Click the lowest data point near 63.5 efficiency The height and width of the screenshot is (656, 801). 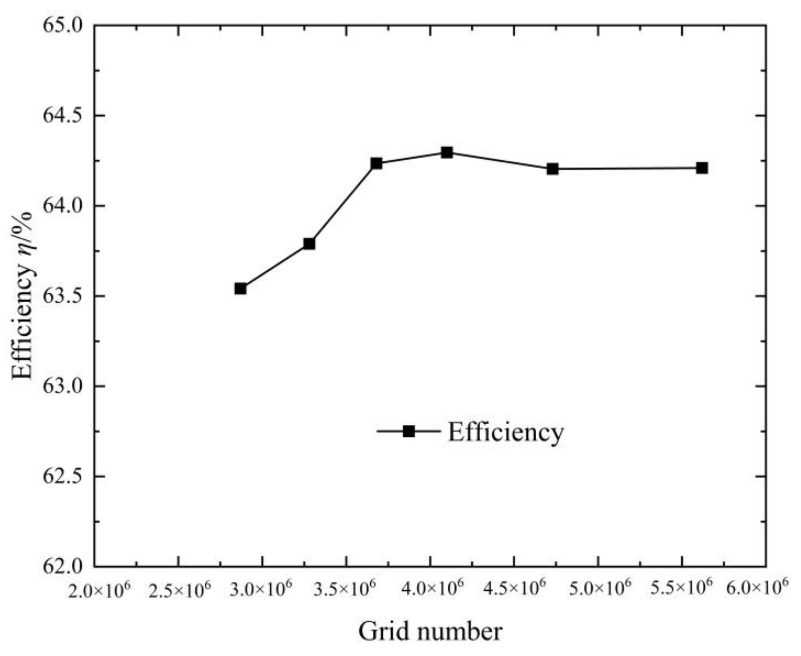(x=241, y=289)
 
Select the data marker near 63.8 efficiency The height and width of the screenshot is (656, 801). (x=309, y=244)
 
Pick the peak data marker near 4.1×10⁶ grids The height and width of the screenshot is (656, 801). (x=446, y=153)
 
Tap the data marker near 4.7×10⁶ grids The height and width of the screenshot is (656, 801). (x=552, y=169)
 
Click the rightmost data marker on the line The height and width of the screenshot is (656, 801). (x=702, y=168)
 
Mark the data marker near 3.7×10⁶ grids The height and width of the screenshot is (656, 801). (x=376, y=164)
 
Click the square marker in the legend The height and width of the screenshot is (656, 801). (x=409, y=431)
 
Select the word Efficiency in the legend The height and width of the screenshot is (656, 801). (x=506, y=432)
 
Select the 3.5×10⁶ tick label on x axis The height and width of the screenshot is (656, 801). (x=344, y=590)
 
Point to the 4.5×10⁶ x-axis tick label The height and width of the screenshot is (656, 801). (x=515, y=590)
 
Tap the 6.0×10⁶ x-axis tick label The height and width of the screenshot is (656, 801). (x=757, y=590)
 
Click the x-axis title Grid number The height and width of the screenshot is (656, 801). (x=430, y=631)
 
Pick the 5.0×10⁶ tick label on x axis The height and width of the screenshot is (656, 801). (x=600, y=590)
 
